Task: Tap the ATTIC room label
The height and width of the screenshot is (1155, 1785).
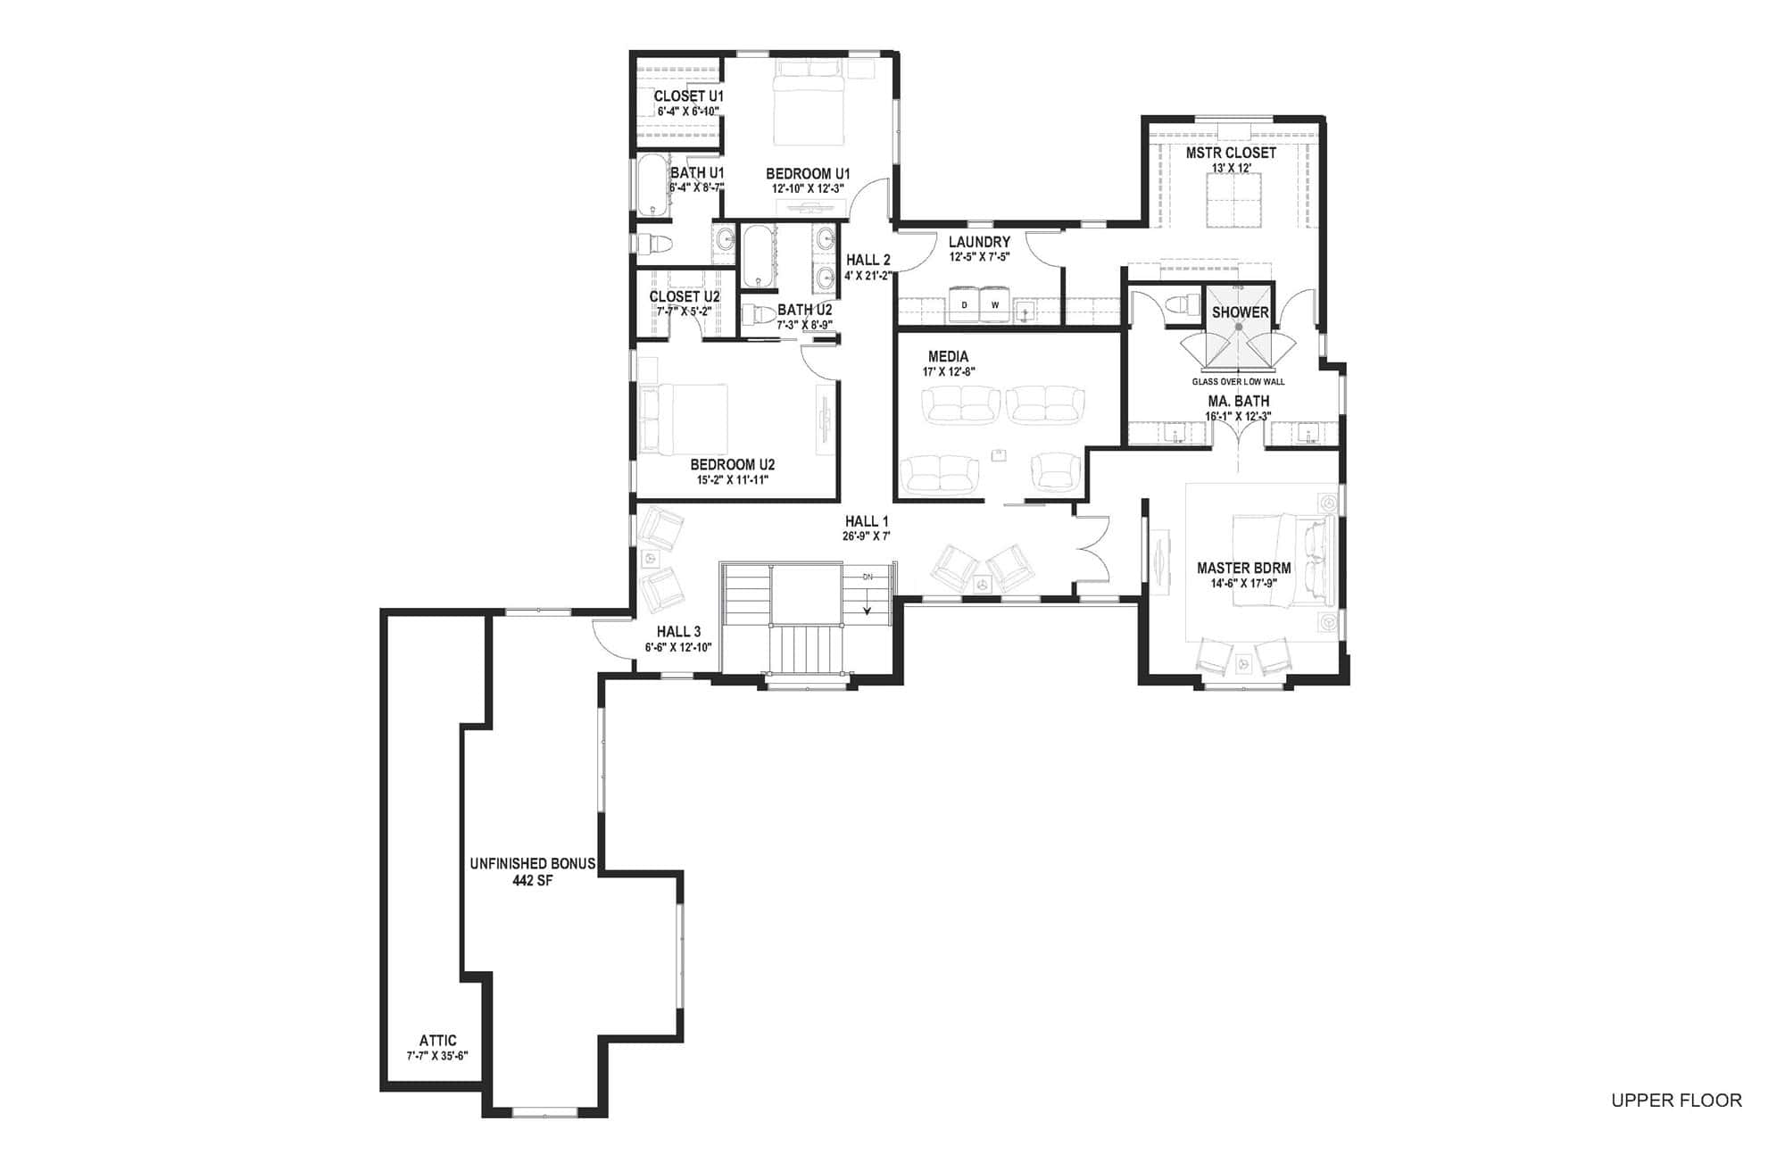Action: pyautogui.click(x=437, y=1041)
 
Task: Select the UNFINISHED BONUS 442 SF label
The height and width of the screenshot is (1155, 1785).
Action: pyautogui.click(x=533, y=871)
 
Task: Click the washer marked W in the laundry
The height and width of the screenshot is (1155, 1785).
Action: pyautogui.click(x=995, y=305)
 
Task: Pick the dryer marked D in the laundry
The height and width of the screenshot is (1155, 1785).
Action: pyautogui.click(x=964, y=305)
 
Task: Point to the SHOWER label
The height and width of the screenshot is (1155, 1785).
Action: pyautogui.click(x=1240, y=312)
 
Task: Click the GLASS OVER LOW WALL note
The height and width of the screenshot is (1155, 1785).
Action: pyautogui.click(x=1238, y=382)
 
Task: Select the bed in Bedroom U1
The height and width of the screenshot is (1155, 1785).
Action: pyautogui.click(x=808, y=105)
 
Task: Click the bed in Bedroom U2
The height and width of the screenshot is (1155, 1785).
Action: pyautogui.click(x=685, y=418)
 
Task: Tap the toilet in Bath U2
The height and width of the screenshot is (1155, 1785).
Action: pyautogui.click(x=759, y=314)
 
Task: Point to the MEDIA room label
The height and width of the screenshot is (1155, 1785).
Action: pyautogui.click(x=948, y=357)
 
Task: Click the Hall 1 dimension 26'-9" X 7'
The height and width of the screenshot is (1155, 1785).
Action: pyautogui.click(x=867, y=536)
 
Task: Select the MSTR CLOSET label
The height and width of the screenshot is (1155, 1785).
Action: pyautogui.click(x=1231, y=154)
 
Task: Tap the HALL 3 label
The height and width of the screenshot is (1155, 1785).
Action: pyautogui.click(x=678, y=632)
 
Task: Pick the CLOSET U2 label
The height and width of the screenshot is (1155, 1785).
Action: pyautogui.click(x=685, y=297)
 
